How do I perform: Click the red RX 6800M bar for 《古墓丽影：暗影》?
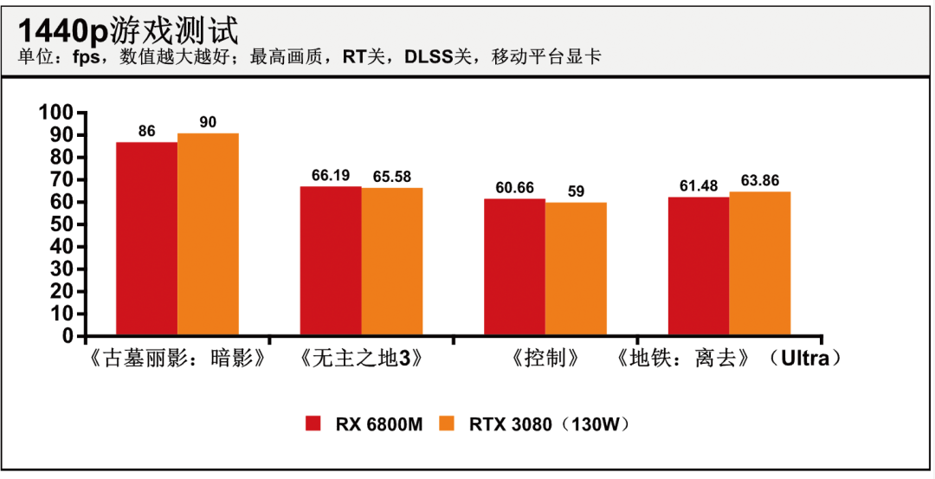coord(147,238)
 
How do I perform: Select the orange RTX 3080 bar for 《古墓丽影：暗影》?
coord(208,234)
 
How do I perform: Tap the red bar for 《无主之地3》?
coord(331,260)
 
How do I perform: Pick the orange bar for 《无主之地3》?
coord(392,261)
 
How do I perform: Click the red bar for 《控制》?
coord(514,267)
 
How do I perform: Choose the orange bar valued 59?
coord(576,269)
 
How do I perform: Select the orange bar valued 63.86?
coord(759,263)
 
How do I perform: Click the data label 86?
coord(147,132)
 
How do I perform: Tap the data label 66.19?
coord(331,176)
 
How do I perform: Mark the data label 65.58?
coord(392,177)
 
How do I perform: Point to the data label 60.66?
coord(514,188)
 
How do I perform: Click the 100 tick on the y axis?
coord(57,113)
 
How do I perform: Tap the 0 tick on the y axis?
coord(69,335)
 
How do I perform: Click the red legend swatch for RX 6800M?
coord(314,424)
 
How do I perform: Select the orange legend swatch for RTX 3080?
coord(448,424)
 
